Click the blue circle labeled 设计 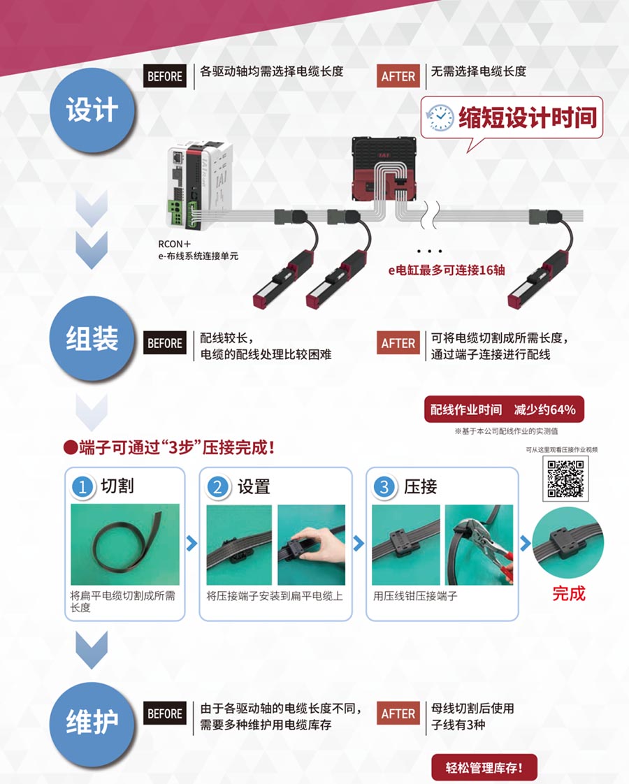(92, 110)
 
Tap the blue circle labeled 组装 (92, 338)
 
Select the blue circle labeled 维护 (92, 723)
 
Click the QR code (565, 479)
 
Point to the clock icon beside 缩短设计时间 (440, 118)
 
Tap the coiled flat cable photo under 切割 (125, 544)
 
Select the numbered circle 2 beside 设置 (217, 486)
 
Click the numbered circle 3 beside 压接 (384, 486)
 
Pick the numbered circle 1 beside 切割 (82, 486)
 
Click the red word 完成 (568, 593)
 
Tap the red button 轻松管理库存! (484, 767)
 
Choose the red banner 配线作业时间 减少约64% (503, 409)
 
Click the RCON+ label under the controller (175, 245)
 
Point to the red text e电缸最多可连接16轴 (447, 270)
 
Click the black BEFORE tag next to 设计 (165, 76)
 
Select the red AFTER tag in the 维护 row (398, 713)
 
